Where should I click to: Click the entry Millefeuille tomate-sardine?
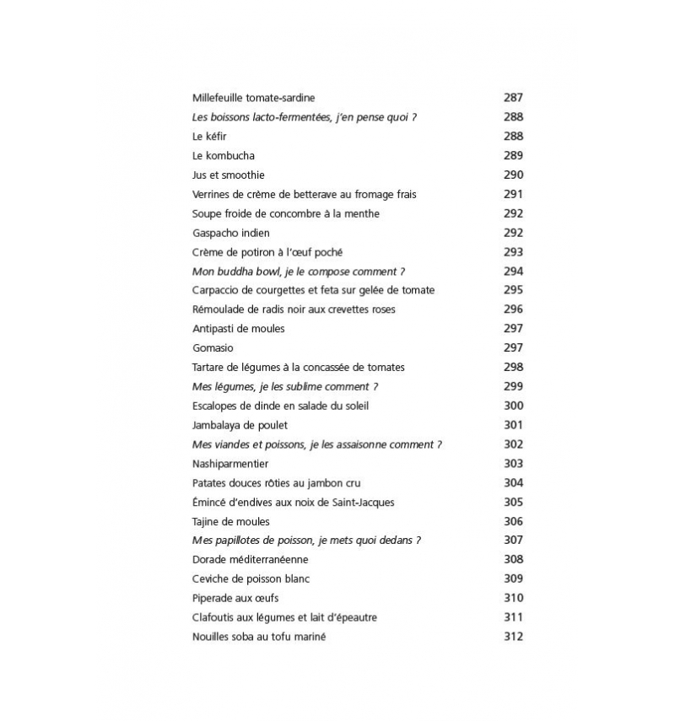[x=253, y=98]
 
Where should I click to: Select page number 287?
[x=513, y=98]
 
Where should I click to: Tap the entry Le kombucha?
[x=223, y=156]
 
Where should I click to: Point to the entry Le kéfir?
[x=209, y=137]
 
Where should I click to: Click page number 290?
[x=513, y=175]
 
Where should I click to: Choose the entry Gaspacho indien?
[x=230, y=233]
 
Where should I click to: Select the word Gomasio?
[x=213, y=348]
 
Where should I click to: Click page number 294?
[x=513, y=272]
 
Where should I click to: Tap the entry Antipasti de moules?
[x=238, y=329]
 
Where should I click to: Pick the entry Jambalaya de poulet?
[x=240, y=425]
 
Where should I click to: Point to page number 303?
[x=513, y=464]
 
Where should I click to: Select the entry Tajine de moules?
[x=230, y=522]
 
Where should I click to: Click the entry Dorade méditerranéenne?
[x=250, y=560]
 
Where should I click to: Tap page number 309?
[x=513, y=579]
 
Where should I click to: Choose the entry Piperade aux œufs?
[x=235, y=599]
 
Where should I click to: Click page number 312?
[x=513, y=637]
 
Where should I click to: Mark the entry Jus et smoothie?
[x=228, y=175]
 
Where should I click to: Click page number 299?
[x=513, y=387]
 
